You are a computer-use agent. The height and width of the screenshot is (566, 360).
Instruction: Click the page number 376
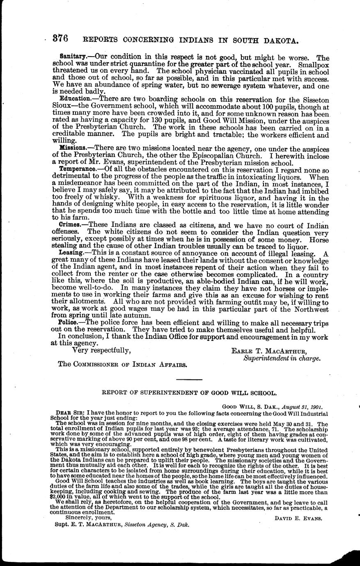(x=60, y=39)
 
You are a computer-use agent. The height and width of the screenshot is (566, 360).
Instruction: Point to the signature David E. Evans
(x=298, y=518)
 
